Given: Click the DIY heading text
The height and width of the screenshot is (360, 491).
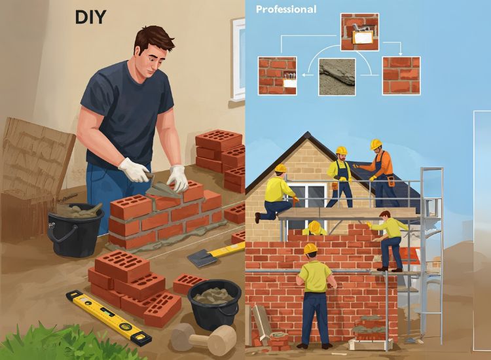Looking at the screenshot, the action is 90,17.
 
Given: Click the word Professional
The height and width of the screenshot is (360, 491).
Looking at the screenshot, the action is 286,9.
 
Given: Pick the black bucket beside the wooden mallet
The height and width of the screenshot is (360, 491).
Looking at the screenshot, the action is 215,304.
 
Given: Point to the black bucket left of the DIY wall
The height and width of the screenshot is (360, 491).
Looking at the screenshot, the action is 75,228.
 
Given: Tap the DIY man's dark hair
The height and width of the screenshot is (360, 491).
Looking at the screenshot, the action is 154,39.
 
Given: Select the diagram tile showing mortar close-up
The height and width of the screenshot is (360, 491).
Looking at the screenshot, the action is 337,77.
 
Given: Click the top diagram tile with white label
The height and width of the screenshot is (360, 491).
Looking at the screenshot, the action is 359,32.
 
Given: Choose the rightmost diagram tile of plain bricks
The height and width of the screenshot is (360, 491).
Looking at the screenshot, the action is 401,75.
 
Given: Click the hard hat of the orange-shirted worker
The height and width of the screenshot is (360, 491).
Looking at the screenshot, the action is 376,144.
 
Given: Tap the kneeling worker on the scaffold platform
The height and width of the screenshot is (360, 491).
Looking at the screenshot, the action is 276,194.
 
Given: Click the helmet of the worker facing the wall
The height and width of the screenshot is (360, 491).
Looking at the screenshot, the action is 310,248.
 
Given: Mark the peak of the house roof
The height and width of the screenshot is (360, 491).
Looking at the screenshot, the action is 308,133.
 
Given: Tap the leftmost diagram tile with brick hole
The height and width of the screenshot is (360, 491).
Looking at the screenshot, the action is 277,76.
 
